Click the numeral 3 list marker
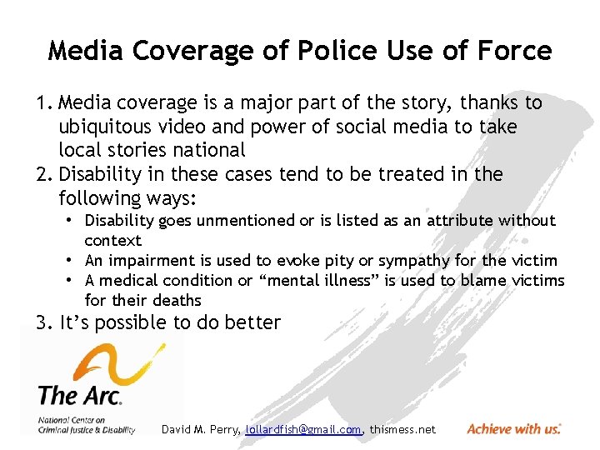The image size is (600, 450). point(42,322)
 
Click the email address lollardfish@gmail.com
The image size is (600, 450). point(303,429)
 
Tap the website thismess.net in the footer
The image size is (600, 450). point(402,429)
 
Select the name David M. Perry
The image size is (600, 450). point(200,429)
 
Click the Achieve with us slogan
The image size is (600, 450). point(513,428)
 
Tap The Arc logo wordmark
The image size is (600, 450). point(80,392)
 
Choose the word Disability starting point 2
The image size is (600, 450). point(99,174)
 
